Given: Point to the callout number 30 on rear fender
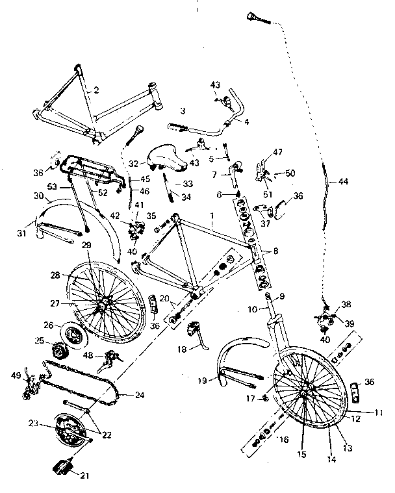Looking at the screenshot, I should (38, 196).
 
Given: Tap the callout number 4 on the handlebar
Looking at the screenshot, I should (248, 121).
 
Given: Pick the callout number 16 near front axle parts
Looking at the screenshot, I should (283, 440).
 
